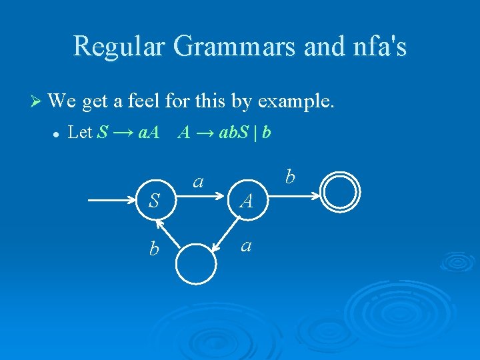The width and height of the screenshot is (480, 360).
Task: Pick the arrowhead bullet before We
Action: (x=39, y=102)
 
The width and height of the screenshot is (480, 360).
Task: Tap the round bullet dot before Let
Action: (x=56, y=133)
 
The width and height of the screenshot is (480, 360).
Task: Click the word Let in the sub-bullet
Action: (x=80, y=132)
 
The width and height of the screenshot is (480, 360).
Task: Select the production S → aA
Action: (x=128, y=132)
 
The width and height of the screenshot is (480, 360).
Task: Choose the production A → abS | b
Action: (x=224, y=132)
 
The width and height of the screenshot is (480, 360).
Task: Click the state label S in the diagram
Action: (x=153, y=200)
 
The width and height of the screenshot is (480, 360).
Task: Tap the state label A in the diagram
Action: (x=246, y=200)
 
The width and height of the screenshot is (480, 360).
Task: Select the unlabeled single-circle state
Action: (x=196, y=264)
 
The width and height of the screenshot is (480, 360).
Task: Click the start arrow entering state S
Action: (x=113, y=199)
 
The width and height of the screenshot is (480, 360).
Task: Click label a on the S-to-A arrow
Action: (x=198, y=180)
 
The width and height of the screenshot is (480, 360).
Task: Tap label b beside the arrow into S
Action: (x=154, y=249)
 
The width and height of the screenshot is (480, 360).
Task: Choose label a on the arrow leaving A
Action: (x=246, y=245)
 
